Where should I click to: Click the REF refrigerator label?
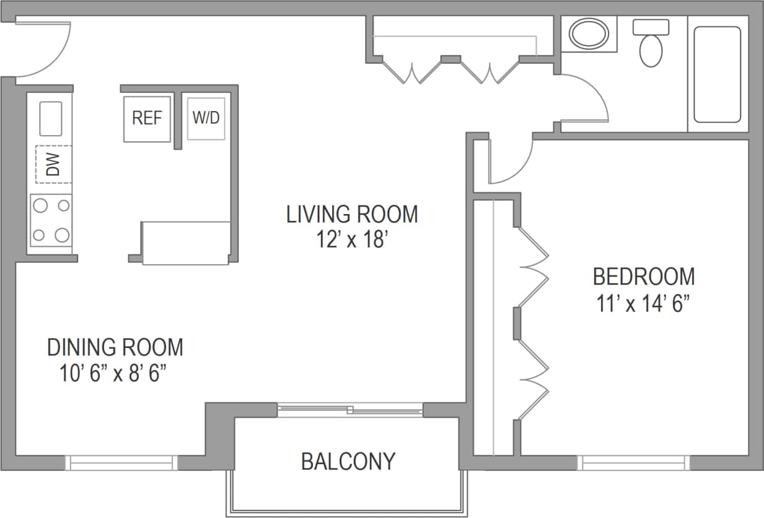tap(147, 118)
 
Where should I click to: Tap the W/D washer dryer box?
tap(206, 118)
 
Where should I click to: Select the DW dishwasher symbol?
tap(54, 164)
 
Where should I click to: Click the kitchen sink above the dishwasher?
tap(51, 118)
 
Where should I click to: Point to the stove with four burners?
tap(51, 220)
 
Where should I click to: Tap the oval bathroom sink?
tap(589, 33)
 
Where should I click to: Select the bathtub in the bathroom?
tap(718, 74)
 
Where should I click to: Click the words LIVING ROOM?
tap(352, 214)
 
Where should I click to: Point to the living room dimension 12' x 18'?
tap(352, 239)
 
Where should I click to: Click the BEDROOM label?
tap(644, 276)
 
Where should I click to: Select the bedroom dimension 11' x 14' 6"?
tap(644, 304)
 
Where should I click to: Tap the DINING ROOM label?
tap(115, 347)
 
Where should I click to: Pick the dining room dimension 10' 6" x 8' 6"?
tap(115, 374)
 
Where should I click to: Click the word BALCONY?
tap(348, 462)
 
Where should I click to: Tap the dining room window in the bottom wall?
tap(121, 463)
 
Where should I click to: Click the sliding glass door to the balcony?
tap(350, 409)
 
